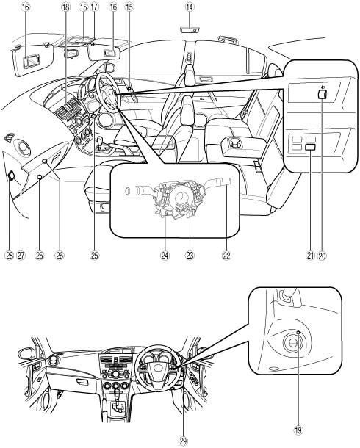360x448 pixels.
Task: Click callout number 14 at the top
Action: click(189, 7)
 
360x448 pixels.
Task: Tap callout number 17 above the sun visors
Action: click(94, 7)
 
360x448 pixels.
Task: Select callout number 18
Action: click(65, 7)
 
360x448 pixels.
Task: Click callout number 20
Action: click(322, 256)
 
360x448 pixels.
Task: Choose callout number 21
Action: click(311, 256)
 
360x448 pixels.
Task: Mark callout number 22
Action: click(226, 256)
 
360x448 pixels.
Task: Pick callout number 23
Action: click(190, 256)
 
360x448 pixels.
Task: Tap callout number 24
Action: click(165, 256)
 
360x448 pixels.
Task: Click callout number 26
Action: click(60, 256)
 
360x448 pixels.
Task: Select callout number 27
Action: click(21, 256)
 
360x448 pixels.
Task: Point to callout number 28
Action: click(10, 256)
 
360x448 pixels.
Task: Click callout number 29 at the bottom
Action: click(183, 441)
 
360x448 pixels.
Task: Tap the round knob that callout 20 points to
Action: click(323, 94)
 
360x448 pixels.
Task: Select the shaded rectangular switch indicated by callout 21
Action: click(310, 147)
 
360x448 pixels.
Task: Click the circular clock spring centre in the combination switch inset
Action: click(181, 197)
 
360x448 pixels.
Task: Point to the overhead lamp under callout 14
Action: click(190, 29)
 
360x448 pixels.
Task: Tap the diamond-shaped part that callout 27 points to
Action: click(12, 176)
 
